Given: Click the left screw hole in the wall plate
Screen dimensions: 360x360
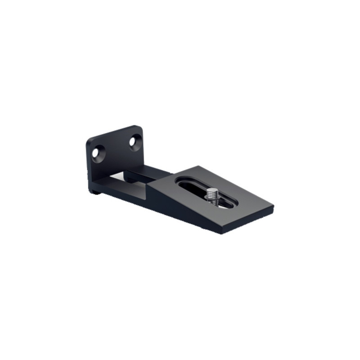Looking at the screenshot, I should (x=97, y=152).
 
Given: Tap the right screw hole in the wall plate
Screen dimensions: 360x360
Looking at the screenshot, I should (x=134, y=142).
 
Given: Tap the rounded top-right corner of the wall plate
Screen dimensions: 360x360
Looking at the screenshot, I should (x=140, y=129).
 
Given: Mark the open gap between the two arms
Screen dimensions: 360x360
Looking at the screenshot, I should (x=130, y=178).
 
